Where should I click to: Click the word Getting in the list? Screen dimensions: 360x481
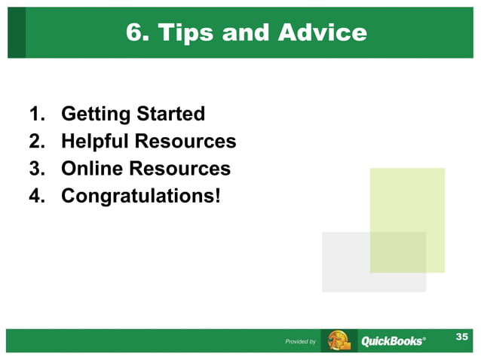pos(95,114)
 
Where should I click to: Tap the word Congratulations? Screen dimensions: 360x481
pos(142,195)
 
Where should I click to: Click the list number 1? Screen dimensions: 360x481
pos(36,114)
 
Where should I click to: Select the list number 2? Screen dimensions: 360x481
pos(36,141)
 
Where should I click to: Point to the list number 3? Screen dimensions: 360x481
pos(36,168)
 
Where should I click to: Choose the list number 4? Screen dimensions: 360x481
pos(36,195)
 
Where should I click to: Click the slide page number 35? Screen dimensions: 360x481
pos(461,337)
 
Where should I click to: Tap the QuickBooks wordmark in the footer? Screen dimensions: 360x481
pos(393,341)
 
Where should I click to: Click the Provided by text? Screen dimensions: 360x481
pos(300,342)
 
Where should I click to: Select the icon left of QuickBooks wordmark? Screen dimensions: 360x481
pos(339,340)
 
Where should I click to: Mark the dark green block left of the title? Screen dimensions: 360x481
pos(17,33)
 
